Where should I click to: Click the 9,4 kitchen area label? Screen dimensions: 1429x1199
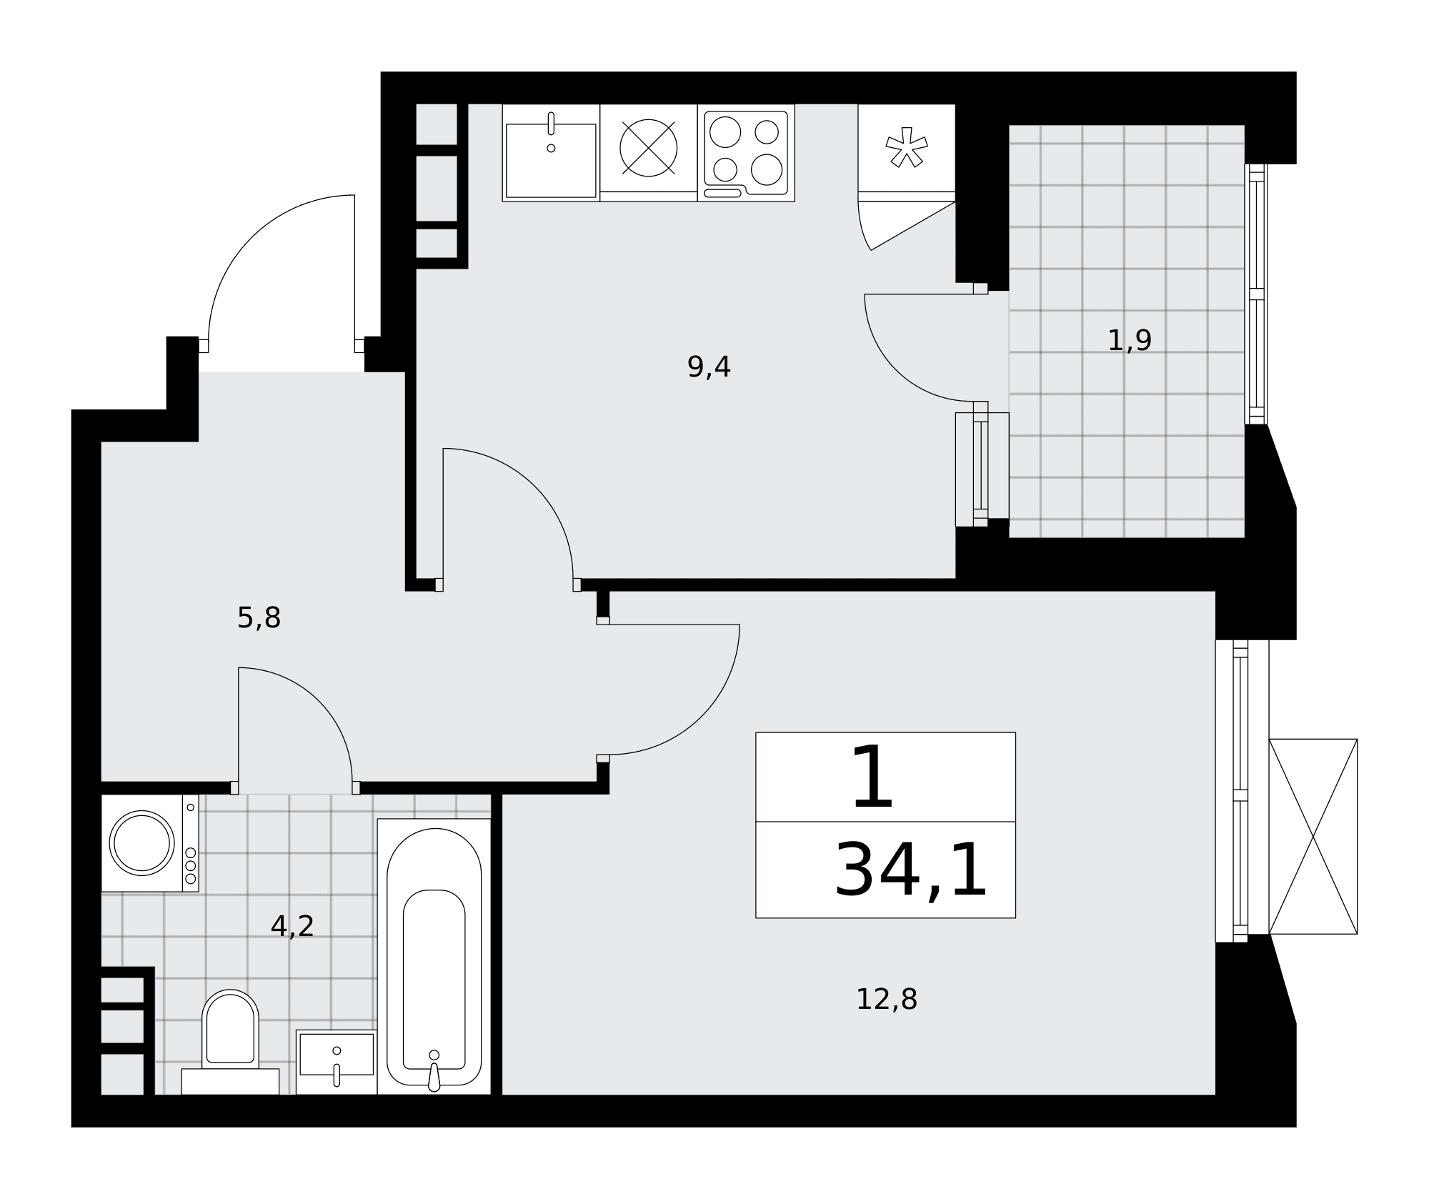tap(709, 367)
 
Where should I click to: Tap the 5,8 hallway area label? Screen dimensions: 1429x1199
tap(259, 618)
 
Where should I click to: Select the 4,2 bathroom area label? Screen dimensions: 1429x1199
tap(292, 927)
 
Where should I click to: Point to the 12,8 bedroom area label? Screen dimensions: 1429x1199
tap(887, 1000)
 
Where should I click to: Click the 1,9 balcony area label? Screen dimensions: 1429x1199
tap(1130, 340)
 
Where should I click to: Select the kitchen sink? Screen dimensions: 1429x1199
tap(551, 153)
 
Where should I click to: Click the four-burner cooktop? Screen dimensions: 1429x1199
tap(746, 153)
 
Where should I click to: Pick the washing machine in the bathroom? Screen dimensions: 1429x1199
tap(150, 843)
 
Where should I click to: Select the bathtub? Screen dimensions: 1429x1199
tap(434, 956)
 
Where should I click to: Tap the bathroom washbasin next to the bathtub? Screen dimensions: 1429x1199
tap(337, 1062)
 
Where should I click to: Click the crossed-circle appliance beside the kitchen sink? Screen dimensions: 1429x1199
tap(649, 149)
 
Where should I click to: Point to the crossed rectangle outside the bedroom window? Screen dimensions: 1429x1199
tap(1313, 836)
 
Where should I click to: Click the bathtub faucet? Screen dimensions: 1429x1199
tap(434, 1075)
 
